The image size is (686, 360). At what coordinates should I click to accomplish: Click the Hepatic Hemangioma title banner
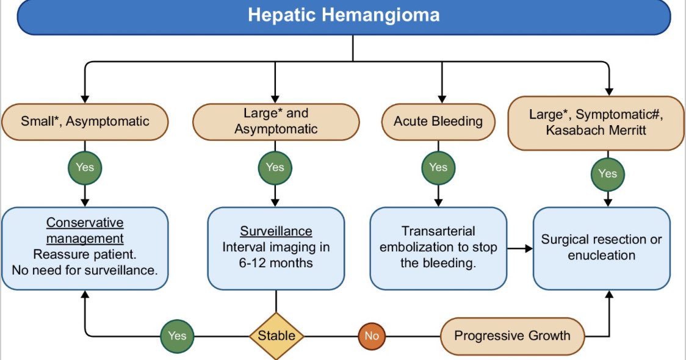coord(343,16)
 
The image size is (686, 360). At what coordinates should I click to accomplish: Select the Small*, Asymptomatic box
coord(85,121)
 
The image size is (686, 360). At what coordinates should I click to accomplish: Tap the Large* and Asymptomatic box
coord(275,121)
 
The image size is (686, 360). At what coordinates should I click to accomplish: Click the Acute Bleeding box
coord(438,121)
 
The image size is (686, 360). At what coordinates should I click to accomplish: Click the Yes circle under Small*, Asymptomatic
coord(85,167)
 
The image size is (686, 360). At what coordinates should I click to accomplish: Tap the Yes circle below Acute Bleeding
coord(438,167)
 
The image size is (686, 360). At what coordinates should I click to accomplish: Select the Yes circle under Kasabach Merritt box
coord(607,173)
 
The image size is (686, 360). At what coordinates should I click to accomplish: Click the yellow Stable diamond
coord(276,336)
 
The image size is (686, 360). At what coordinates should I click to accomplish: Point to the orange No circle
coord(371,336)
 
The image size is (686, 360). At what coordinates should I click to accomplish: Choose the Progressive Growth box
coord(512,336)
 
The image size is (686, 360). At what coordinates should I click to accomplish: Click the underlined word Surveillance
coord(276,232)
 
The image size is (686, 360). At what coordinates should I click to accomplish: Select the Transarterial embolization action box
coord(438,248)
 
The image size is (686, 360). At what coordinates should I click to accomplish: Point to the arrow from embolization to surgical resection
coord(519,248)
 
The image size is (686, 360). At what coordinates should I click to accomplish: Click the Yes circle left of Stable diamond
coord(178,336)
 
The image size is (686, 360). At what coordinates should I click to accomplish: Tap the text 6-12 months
coord(276,263)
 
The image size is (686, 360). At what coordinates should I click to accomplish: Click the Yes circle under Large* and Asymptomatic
coord(275,167)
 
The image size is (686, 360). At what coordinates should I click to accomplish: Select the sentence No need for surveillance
coord(85,269)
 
